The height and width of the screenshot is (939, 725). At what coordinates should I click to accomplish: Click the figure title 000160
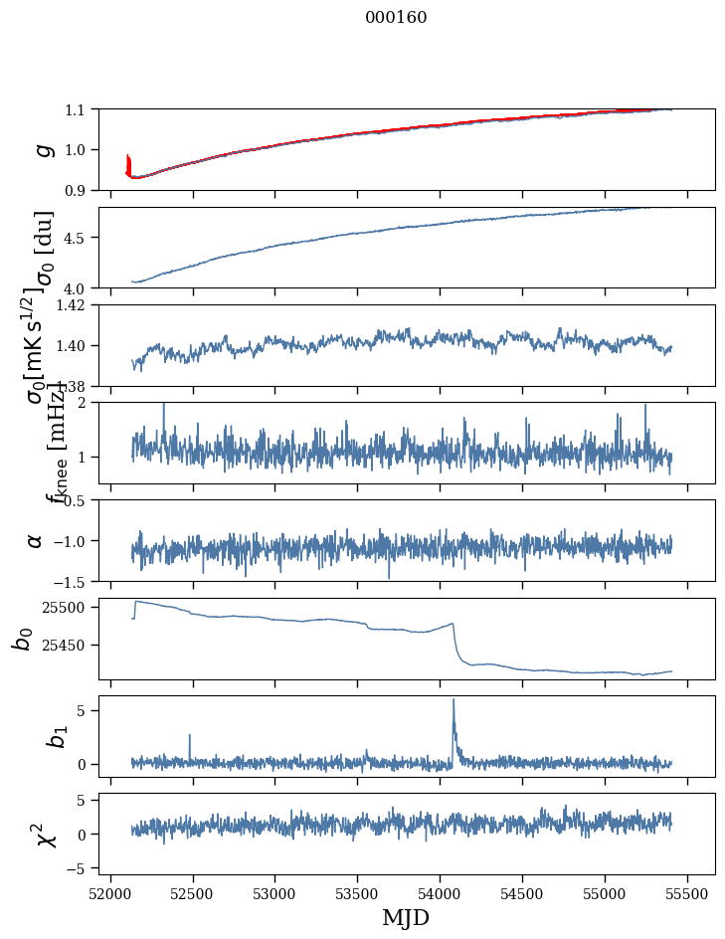click(x=396, y=17)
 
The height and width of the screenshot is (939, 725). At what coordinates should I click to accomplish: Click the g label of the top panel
click(x=43, y=149)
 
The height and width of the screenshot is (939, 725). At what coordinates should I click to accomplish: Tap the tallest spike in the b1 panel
click(x=453, y=700)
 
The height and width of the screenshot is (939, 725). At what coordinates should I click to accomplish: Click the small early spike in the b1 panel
click(x=189, y=736)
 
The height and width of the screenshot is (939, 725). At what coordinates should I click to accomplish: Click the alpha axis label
click(x=35, y=540)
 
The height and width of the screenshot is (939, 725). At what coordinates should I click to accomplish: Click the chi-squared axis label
click(x=45, y=835)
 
